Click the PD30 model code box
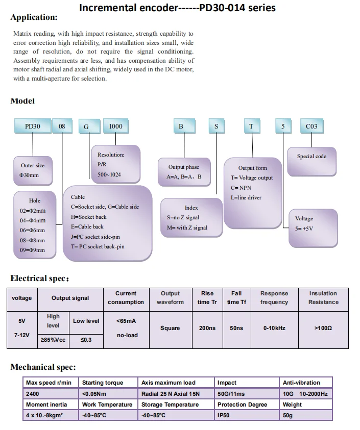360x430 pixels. click(x=32, y=127)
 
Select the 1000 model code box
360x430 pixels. click(x=116, y=127)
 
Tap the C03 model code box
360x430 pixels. click(x=311, y=127)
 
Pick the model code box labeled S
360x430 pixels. click(x=216, y=127)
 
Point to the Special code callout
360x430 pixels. click(x=311, y=157)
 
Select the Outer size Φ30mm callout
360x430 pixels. click(x=33, y=170)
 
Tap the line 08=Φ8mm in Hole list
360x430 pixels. click(x=33, y=240)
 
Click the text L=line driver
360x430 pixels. click(x=246, y=197)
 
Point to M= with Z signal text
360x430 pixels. click(x=187, y=227)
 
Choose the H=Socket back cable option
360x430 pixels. click(x=89, y=217)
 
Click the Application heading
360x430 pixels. click(x=34, y=17)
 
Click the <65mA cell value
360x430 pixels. click(x=126, y=321)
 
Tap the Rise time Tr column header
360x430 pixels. click(x=207, y=298)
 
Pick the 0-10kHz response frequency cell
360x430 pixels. click(x=274, y=328)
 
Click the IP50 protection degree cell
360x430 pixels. click(x=224, y=416)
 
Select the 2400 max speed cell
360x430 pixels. click(x=32, y=394)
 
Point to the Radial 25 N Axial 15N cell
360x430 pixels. click(x=171, y=394)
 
